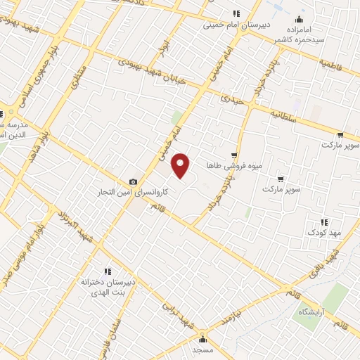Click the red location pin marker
coord(181,165)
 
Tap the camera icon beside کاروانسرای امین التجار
coord(134,181)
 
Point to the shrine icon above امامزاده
coord(300,19)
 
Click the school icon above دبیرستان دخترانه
coord(108,271)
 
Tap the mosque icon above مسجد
coord(202,337)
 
